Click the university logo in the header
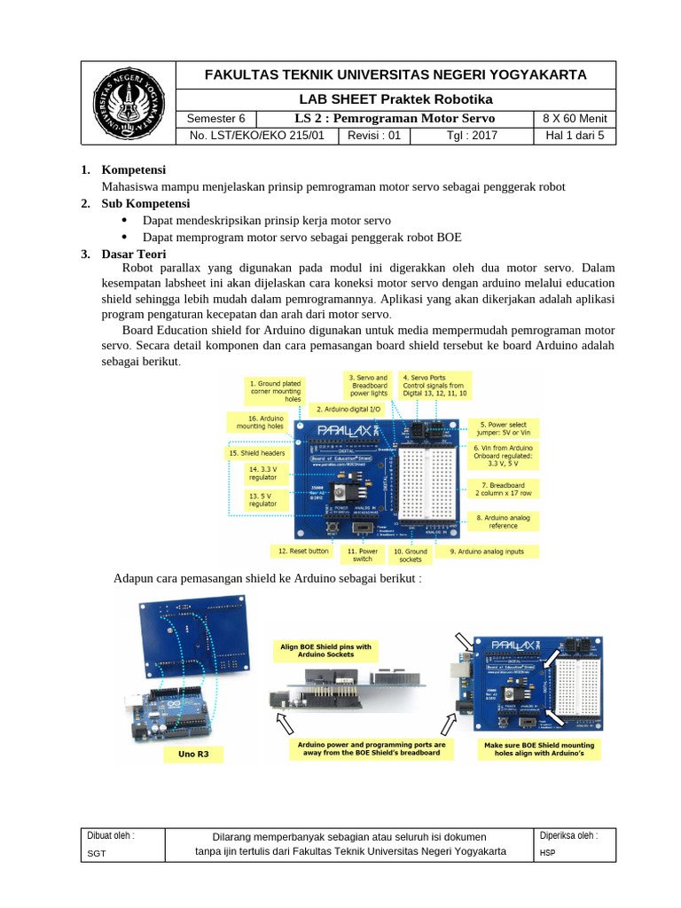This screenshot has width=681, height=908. (x=129, y=103)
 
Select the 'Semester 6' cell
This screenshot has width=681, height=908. (x=216, y=119)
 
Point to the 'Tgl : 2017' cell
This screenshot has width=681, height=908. (x=473, y=136)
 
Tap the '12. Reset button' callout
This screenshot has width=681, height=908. (x=303, y=551)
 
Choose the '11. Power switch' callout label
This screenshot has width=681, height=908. (x=363, y=555)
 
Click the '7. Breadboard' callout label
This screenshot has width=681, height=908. (x=503, y=489)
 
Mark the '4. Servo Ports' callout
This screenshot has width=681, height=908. (x=434, y=385)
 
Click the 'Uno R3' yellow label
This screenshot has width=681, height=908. (x=193, y=754)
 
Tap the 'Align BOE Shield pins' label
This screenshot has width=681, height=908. (x=325, y=650)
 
